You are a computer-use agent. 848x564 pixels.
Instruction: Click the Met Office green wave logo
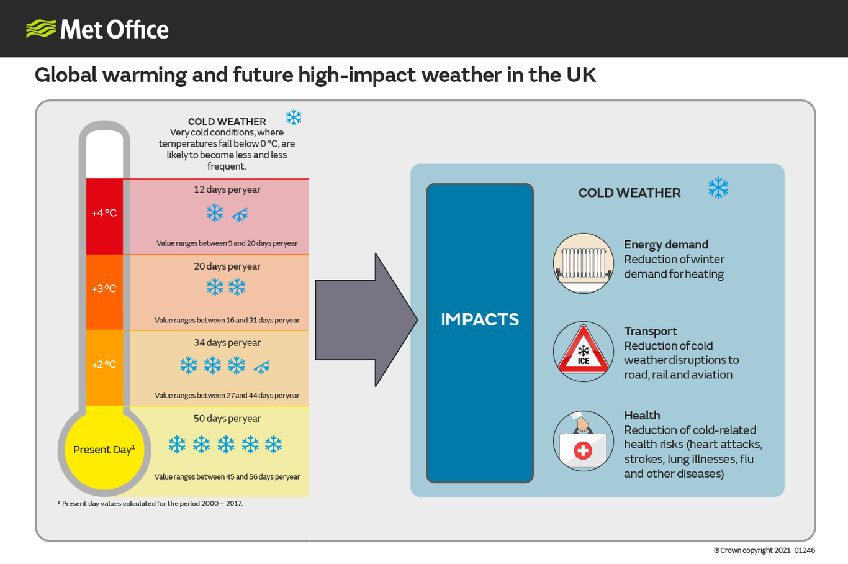coord(41,29)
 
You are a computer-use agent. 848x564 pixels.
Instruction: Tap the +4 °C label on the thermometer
coord(104,213)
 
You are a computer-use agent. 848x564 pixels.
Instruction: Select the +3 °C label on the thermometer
coord(104,289)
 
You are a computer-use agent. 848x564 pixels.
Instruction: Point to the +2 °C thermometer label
coord(104,365)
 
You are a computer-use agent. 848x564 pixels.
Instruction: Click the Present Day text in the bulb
coord(104,450)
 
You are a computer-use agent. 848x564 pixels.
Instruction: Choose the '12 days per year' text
coord(227,189)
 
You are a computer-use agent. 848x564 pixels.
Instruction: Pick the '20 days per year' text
coord(227,266)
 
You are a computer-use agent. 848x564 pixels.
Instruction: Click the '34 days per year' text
coord(227,342)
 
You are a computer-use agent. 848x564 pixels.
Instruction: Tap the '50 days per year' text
coord(227,418)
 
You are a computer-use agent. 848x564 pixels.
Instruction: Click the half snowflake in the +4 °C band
coord(240,215)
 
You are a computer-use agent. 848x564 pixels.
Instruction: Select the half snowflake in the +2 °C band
coord(261,367)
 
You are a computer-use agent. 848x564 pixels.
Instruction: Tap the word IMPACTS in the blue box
coord(480,320)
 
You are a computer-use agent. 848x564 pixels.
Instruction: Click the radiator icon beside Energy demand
coord(584,263)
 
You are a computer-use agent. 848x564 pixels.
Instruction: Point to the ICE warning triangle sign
coord(584,350)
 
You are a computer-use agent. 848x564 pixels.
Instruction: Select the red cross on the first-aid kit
coord(583,451)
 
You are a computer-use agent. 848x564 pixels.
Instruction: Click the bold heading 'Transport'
coord(651,332)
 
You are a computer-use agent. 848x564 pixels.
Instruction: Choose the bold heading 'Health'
coord(642,416)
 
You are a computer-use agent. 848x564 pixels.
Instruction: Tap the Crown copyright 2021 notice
coord(764,550)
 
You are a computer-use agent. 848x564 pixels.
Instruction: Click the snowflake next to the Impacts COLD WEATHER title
coord(718,188)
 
